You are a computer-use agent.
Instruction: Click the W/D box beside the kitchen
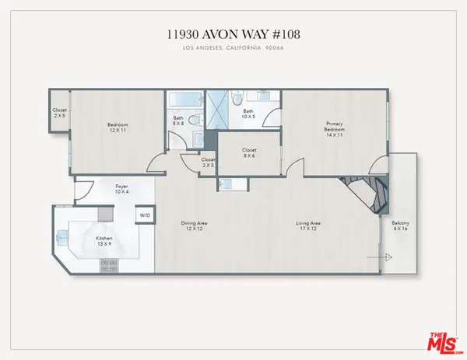(x=144, y=215)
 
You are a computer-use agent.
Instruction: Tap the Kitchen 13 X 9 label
(x=104, y=241)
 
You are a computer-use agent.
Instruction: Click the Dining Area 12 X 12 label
(x=195, y=226)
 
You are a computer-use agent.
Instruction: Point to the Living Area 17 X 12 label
(x=308, y=226)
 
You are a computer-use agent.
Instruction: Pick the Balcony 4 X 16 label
(x=401, y=227)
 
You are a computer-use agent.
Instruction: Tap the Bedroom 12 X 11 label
(x=118, y=128)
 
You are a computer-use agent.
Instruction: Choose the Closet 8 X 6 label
(x=249, y=152)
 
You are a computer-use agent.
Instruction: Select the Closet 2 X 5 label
(x=60, y=113)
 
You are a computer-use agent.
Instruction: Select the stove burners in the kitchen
(x=104, y=265)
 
